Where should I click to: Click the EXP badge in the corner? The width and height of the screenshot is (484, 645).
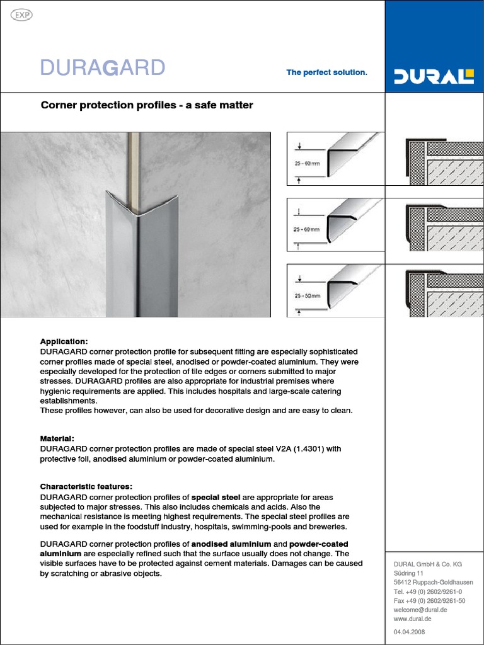[22, 15]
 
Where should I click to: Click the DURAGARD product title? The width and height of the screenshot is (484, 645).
[103, 67]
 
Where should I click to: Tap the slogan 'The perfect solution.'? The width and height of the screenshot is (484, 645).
[326, 72]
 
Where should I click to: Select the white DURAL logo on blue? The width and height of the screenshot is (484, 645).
[434, 77]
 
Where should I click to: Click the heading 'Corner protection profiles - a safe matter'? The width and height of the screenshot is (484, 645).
[147, 105]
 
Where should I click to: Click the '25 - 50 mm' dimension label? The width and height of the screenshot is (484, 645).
[308, 295]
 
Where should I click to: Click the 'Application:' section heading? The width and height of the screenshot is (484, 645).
[64, 341]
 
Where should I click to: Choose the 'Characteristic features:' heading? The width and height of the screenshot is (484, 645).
[86, 486]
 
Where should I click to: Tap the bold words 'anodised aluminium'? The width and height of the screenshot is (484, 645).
[231, 544]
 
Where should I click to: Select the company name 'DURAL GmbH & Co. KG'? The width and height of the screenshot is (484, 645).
[428, 564]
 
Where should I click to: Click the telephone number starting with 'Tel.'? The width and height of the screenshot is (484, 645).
[428, 592]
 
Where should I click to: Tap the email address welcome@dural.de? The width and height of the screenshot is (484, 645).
[420, 610]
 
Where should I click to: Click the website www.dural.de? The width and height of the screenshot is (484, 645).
[412, 620]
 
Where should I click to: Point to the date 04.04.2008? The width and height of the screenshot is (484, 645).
[409, 632]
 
